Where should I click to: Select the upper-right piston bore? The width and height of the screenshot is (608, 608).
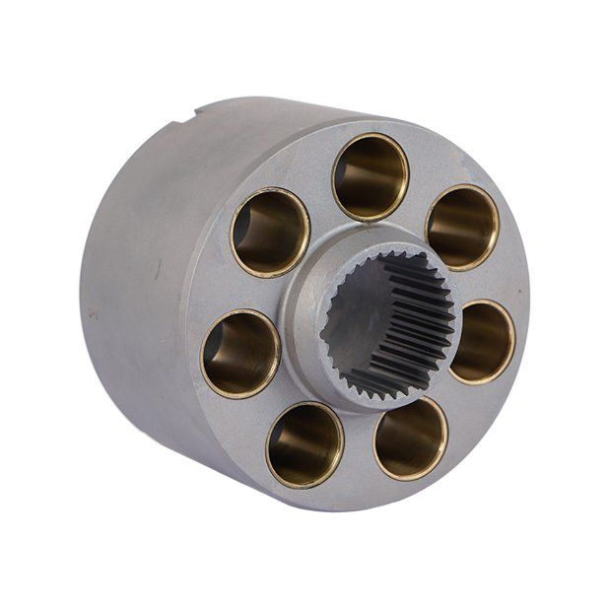coord(461,227)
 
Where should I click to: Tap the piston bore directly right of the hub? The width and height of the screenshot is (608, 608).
coord(482,341)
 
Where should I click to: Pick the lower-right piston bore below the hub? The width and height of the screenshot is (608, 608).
coord(410,437)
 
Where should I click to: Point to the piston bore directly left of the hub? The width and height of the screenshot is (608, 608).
coord(240,353)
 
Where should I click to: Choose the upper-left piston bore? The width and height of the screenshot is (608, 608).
coord(270,232)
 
